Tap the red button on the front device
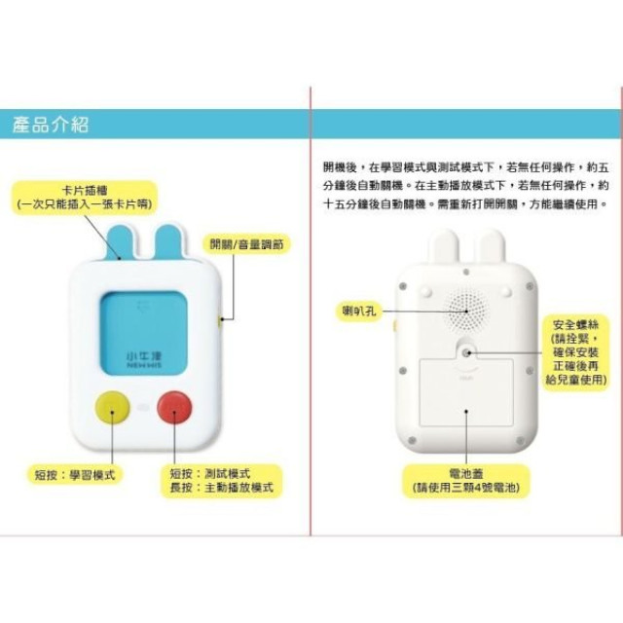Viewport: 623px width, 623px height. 175,409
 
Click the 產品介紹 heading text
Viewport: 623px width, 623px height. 51,124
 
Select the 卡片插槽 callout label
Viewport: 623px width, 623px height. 77,196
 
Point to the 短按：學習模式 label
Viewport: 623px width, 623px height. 70,474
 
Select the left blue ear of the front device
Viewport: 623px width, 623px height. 122,241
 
